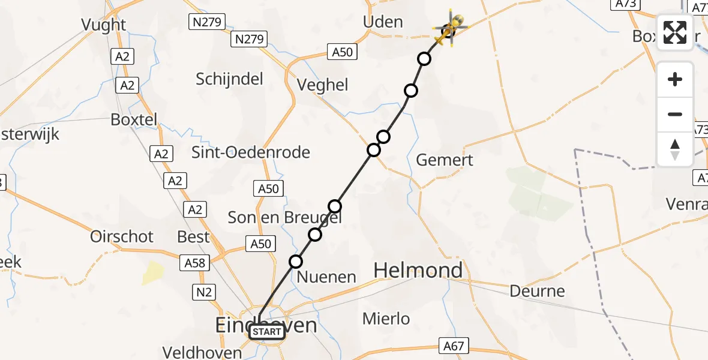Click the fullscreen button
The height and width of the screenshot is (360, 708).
[x=675, y=32]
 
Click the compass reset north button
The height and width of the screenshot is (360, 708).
[x=675, y=149]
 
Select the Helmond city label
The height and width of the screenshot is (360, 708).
[x=418, y=270]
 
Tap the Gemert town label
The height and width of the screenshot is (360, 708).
[x=445, y=160]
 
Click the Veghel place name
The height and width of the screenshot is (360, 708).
[x=323, y=85]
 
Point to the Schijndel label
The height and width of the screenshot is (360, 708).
[x=230, y=79]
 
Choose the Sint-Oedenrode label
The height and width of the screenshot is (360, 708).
[x=251, y=152]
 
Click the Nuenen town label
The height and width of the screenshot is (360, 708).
[x=327, y=277]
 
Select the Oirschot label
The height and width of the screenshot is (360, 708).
[x=122, y=236]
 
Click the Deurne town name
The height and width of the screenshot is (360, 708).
[x=537, y=292]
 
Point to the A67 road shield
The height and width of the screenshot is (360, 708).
[x=453, y=346]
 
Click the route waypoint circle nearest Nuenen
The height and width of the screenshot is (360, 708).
[x=296, y=261]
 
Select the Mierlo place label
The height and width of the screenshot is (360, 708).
[x=386, y=319]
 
